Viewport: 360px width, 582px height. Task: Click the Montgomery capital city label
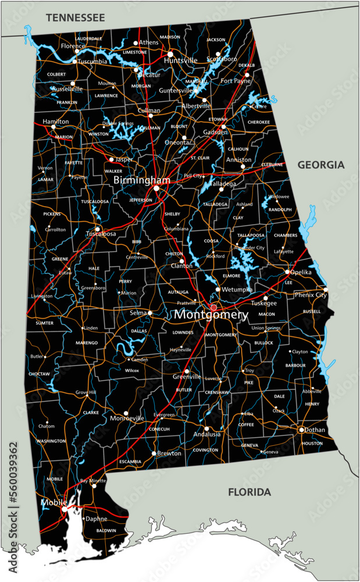pyautogui.click(x=211, y=315)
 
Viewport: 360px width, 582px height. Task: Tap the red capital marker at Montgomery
pyautogui.click(x=213, y=307)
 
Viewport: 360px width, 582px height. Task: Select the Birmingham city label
pyautogui.click(x=142, y=180)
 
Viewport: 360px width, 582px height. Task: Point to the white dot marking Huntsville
pyautogui.click(x=170, y=54)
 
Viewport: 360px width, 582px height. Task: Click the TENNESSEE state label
pyautogui.click(x=76, y=18)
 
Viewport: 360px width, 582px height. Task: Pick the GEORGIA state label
pyautogui.click(x=321, y=165)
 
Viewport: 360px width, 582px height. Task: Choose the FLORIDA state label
pyautogui.click(x=249, y=492)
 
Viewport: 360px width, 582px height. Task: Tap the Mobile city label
pyautogui.click(x=52, y=501)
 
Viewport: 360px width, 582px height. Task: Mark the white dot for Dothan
pyautogui.click(x=301, y=430)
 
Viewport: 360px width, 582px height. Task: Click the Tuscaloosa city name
pyautogui.click(x=101, y=234)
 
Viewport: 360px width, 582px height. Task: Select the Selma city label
pyautogui.click(x=138, y=313)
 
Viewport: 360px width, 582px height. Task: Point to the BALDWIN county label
pyautogui.click(x=106, y=531)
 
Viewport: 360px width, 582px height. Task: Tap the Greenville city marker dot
pyautogui.click(x=187, y=371)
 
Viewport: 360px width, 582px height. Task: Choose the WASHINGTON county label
pyautogui.click(x=51, y=441)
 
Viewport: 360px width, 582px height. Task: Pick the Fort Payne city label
pyautogui.click(x=235, y=81)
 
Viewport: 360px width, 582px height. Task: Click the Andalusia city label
pyautogui.click(x=207, y=434)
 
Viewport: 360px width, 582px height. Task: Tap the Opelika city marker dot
pyautogui.click(x=287, y=271)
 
